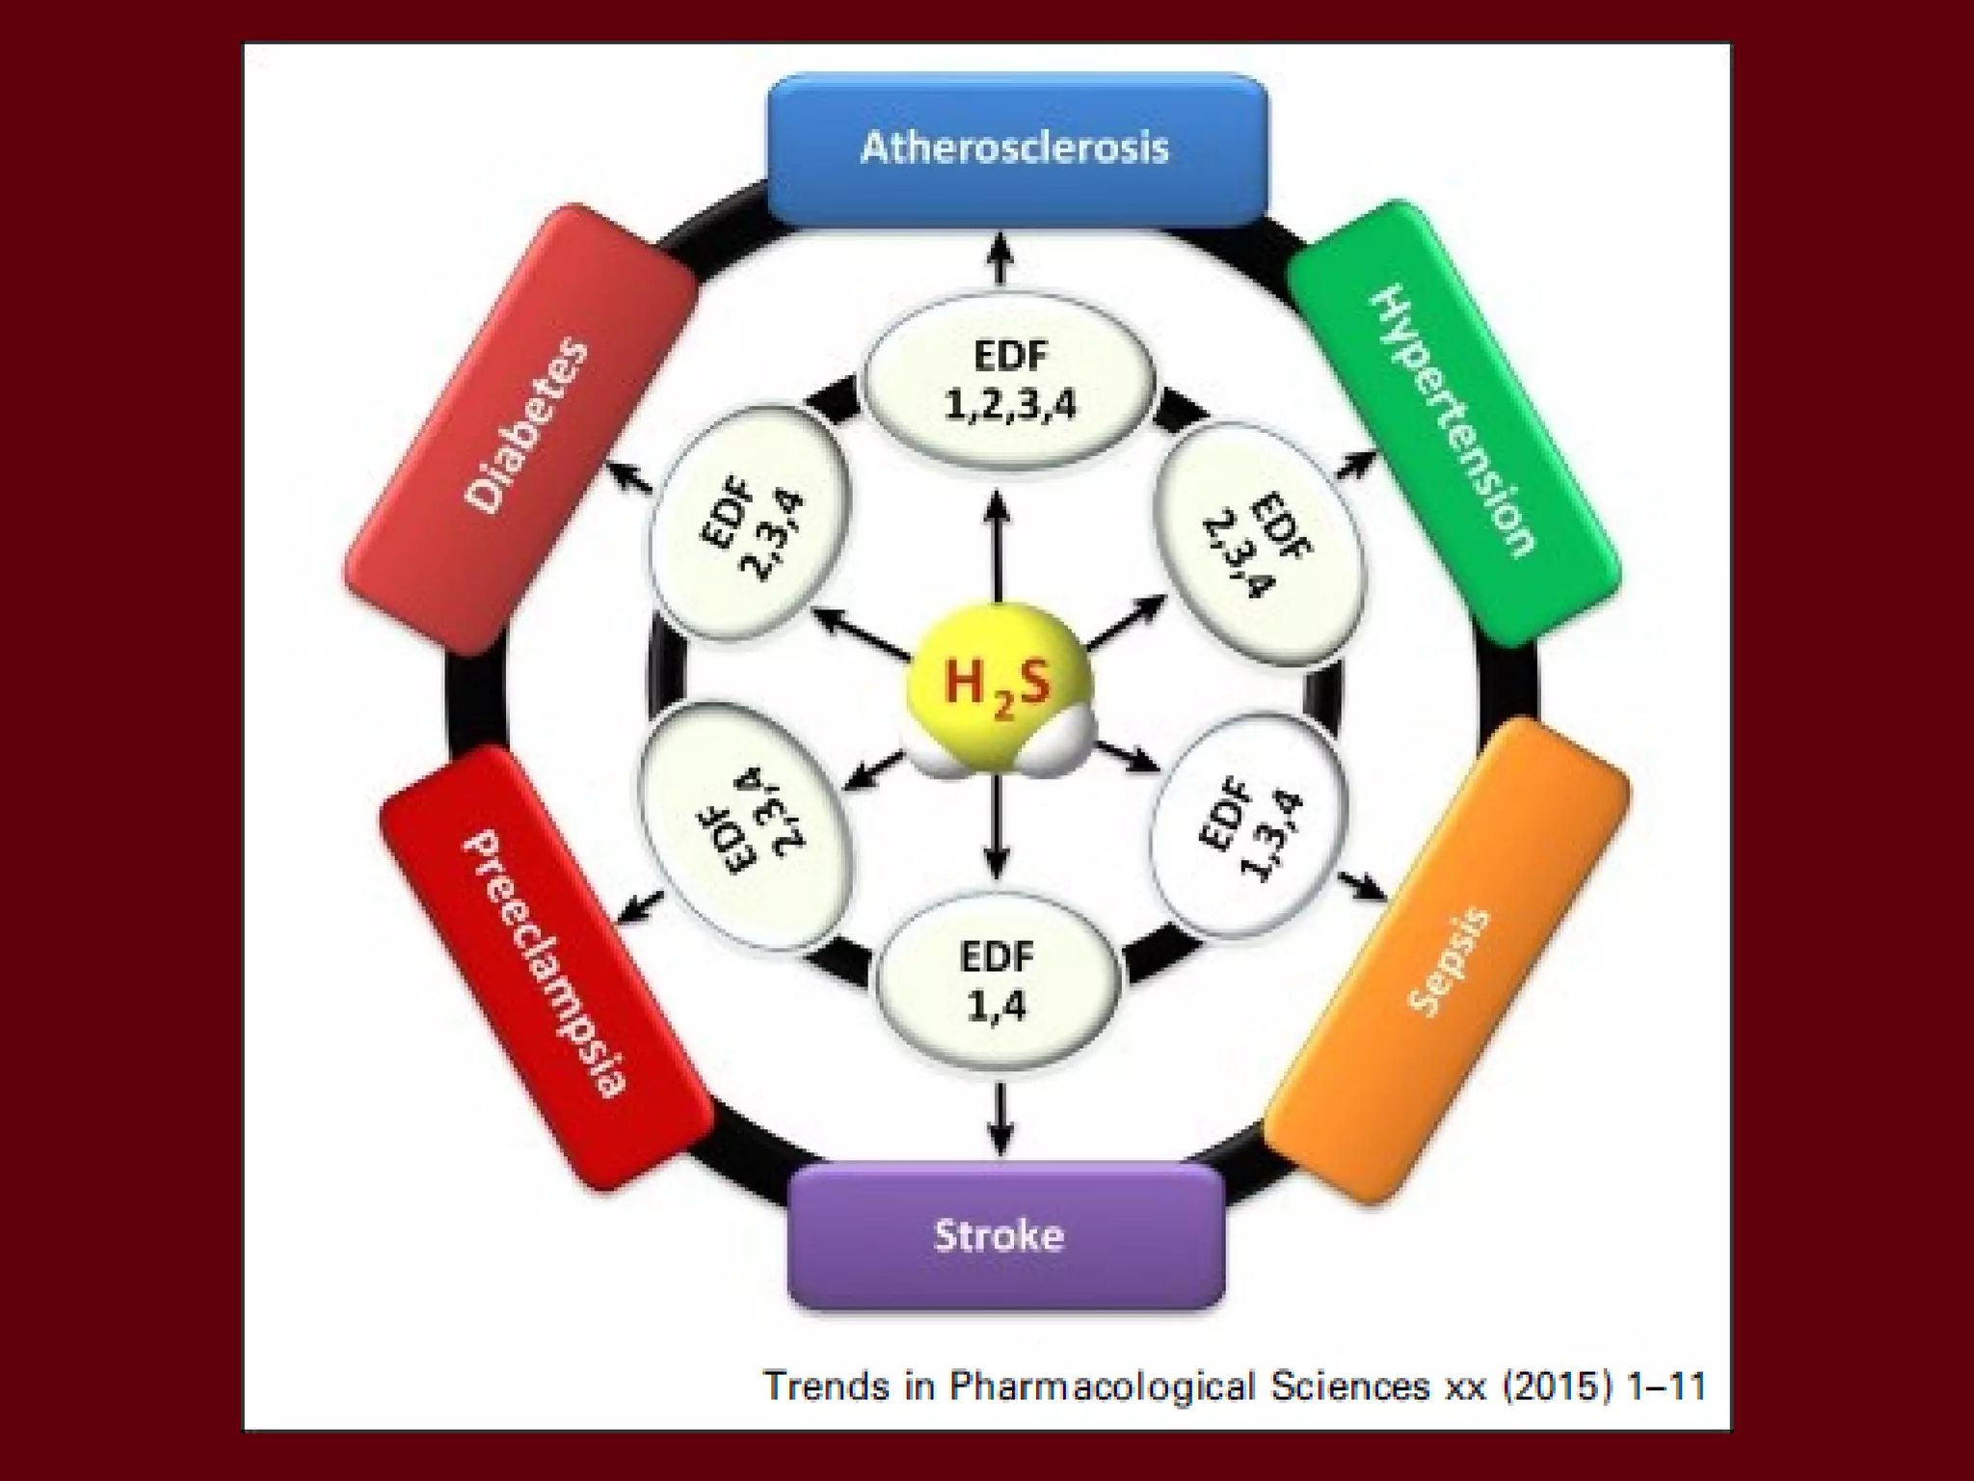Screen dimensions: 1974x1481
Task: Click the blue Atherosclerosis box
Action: pos(1016,149)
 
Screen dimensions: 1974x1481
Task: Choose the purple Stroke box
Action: pos(1003,1235)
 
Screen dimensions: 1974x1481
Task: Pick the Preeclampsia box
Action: pos(546,964)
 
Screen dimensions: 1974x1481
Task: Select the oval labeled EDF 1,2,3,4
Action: pos(1008,381)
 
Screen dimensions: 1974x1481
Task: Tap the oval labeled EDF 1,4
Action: pos(997,982)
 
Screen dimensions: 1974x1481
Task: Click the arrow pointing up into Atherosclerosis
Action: pos(1000,258)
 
